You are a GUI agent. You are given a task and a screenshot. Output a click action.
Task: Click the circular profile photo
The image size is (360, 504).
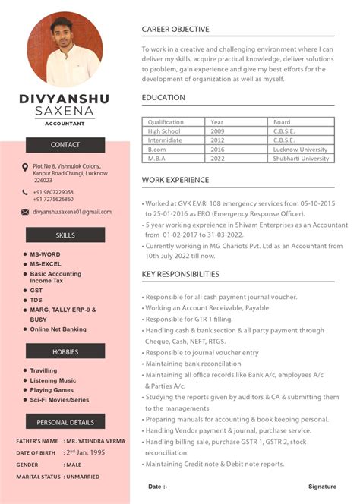coord(65,49)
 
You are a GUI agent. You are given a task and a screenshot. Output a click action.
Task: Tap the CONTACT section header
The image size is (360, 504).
coord(65,145)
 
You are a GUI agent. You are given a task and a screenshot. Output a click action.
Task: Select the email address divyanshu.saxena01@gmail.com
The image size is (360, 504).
coord(72,212)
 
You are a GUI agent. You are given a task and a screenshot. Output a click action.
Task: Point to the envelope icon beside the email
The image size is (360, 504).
coord(25,212)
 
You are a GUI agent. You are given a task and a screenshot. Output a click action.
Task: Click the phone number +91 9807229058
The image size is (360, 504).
coord(53,192)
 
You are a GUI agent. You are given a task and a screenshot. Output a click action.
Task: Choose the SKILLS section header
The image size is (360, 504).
coord(65,235)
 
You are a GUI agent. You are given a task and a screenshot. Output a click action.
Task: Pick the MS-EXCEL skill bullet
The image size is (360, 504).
coord(46,263)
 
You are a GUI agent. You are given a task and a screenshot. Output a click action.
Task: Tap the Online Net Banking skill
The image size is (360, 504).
coord(58,329)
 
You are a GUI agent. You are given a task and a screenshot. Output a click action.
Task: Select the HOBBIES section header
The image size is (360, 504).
coord(65,351)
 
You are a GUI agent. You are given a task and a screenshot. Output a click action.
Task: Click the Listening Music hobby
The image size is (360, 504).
coord(53,380)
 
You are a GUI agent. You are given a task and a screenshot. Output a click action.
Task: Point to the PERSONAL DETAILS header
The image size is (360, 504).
coord(65,421)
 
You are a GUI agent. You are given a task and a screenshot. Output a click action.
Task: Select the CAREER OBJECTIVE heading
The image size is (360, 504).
coord(175,30)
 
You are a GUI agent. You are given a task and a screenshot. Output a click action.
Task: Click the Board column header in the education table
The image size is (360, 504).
coord(282,122)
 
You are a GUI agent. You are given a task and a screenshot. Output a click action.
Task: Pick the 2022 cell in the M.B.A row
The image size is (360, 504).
coord(217,159)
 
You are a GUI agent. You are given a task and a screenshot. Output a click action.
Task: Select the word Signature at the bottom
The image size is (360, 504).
coord(322,487)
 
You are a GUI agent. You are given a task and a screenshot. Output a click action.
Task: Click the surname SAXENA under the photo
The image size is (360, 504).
coord(65,112)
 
